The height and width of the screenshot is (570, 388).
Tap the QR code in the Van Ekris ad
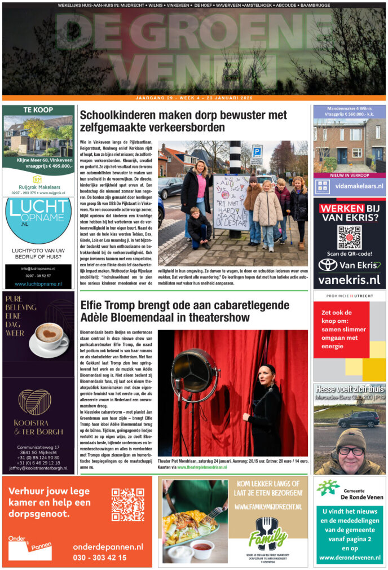[349, 238]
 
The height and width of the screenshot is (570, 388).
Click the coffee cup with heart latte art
[46, 335]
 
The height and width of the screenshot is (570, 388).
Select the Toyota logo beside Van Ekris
[328, 264]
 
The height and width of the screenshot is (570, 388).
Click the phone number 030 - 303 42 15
[100, 558]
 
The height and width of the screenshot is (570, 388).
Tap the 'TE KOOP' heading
[38, 110]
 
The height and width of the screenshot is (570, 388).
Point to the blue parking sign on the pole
[257, 151]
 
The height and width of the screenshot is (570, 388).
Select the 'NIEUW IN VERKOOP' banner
[349, 176]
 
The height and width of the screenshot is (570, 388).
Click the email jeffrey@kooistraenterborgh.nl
[38, 468]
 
